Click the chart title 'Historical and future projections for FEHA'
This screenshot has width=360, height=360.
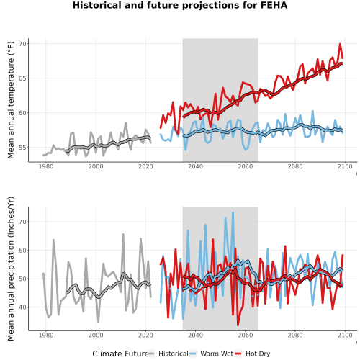click(180, 5)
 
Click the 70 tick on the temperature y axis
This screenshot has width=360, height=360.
click(22, 44)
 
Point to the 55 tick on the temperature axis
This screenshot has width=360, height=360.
click(22, 148)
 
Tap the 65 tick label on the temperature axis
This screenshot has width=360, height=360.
click(22, 78)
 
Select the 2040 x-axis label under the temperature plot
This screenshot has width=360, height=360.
click(195, 166)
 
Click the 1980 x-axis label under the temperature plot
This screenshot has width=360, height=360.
click(46, 166)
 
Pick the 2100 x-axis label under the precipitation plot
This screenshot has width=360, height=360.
click(345, 335)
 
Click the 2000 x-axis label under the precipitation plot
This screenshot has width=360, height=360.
click(96, 335)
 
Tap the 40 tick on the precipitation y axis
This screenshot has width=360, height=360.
click(22, 307)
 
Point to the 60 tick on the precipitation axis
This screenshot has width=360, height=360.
click(22, 251)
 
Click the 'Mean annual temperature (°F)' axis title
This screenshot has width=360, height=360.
click(11, 100)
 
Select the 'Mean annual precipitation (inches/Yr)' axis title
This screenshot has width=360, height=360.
click(11, 269)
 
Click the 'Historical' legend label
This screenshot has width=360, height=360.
click(174, 354)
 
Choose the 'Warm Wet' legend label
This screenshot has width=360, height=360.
click(217, 354)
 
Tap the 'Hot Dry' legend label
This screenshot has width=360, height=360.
click(258, 354)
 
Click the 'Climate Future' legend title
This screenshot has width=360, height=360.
click(120, 354)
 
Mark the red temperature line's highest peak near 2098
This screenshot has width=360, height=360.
click(340, 44)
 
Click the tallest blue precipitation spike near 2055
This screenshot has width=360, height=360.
click(233, 212)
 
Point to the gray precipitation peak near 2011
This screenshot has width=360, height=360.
click(123, 234)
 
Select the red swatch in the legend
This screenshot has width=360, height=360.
click(238, 354)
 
